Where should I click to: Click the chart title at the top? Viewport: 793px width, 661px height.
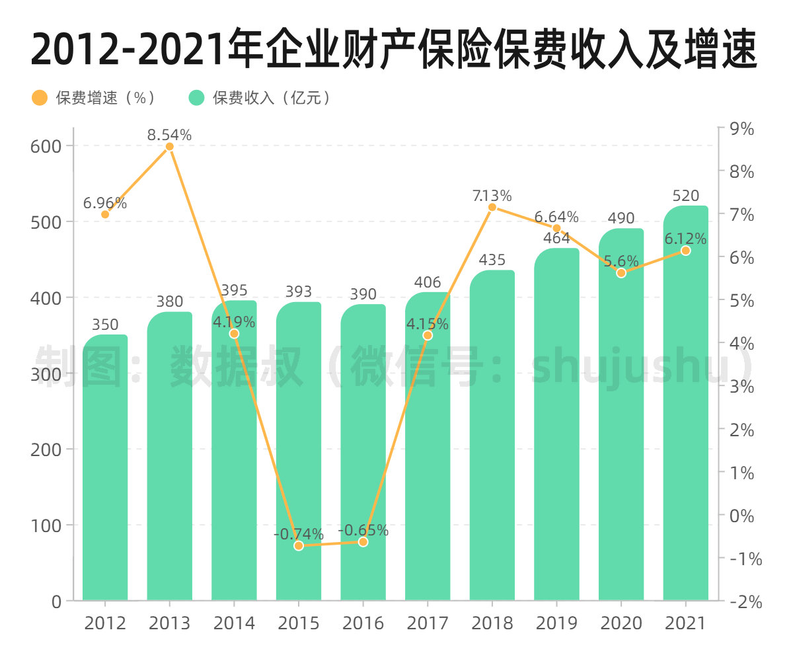pyautogui.click(x=394, y=50)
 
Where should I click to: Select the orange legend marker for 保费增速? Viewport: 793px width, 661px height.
pyautogui.click(x=40, y=98)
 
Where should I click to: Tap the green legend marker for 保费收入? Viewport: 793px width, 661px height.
pyautogui.click(x=197, y=98)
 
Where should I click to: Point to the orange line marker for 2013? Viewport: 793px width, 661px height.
pyautogui.click(x=170, y=147)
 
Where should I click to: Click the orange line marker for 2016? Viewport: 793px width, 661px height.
pyautogui.click(x=363, y=542)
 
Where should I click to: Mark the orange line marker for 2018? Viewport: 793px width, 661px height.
pyautogui.click(x=492, y=208)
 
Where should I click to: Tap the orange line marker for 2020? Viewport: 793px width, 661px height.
pyautogui.click(x=621, y=273)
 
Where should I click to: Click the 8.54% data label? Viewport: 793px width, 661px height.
pyautogui.click(x=170, y=136)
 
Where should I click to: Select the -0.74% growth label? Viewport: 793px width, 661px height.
pyautogui.click(x=299, y=534)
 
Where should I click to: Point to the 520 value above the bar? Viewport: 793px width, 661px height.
pyautogui.click(x=685, y=196)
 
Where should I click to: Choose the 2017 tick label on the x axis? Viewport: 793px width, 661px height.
pyautogui.click(x=428, y=623)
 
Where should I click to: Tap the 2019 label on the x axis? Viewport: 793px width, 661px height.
pyautogui.click(x=556, y=623)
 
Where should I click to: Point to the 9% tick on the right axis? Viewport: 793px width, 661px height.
pyautogui.click(x=741, y=130)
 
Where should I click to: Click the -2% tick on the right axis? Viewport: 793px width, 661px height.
pyautogui.click(x=745, y=602)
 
